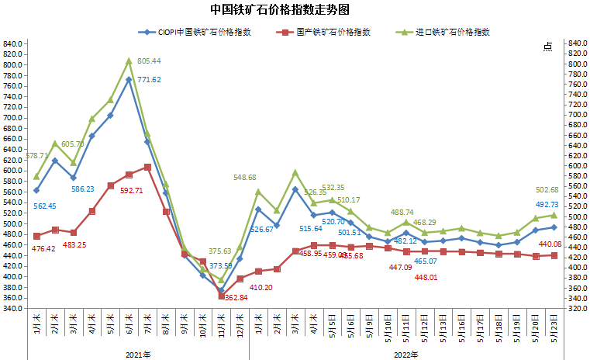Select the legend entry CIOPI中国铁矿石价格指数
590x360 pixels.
204,33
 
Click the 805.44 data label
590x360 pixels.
149,61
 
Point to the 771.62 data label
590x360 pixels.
149,80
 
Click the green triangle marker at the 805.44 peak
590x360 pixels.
129,61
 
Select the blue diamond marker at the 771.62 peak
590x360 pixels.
129,79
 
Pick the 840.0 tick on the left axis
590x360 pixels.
13,43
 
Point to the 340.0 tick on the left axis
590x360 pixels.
13,308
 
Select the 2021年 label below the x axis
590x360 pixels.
138,354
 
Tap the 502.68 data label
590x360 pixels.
547,190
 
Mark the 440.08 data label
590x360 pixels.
550,244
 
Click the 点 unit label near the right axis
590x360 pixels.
547,47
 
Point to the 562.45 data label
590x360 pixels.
45,206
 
